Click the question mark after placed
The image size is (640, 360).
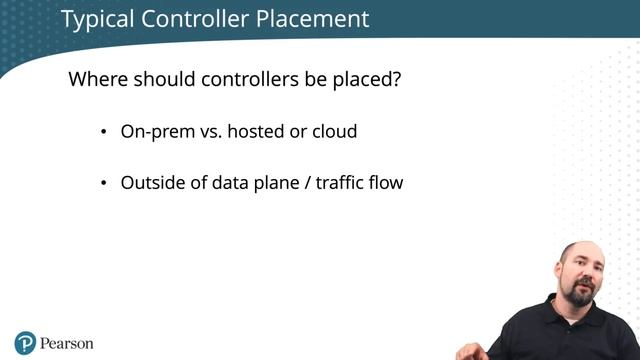pyautogui.click(x=397, y=79)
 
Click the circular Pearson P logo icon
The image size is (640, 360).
pyautogui.click(x=25, y=343)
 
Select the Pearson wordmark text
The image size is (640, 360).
pyautogui.click(x=67, y=343)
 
